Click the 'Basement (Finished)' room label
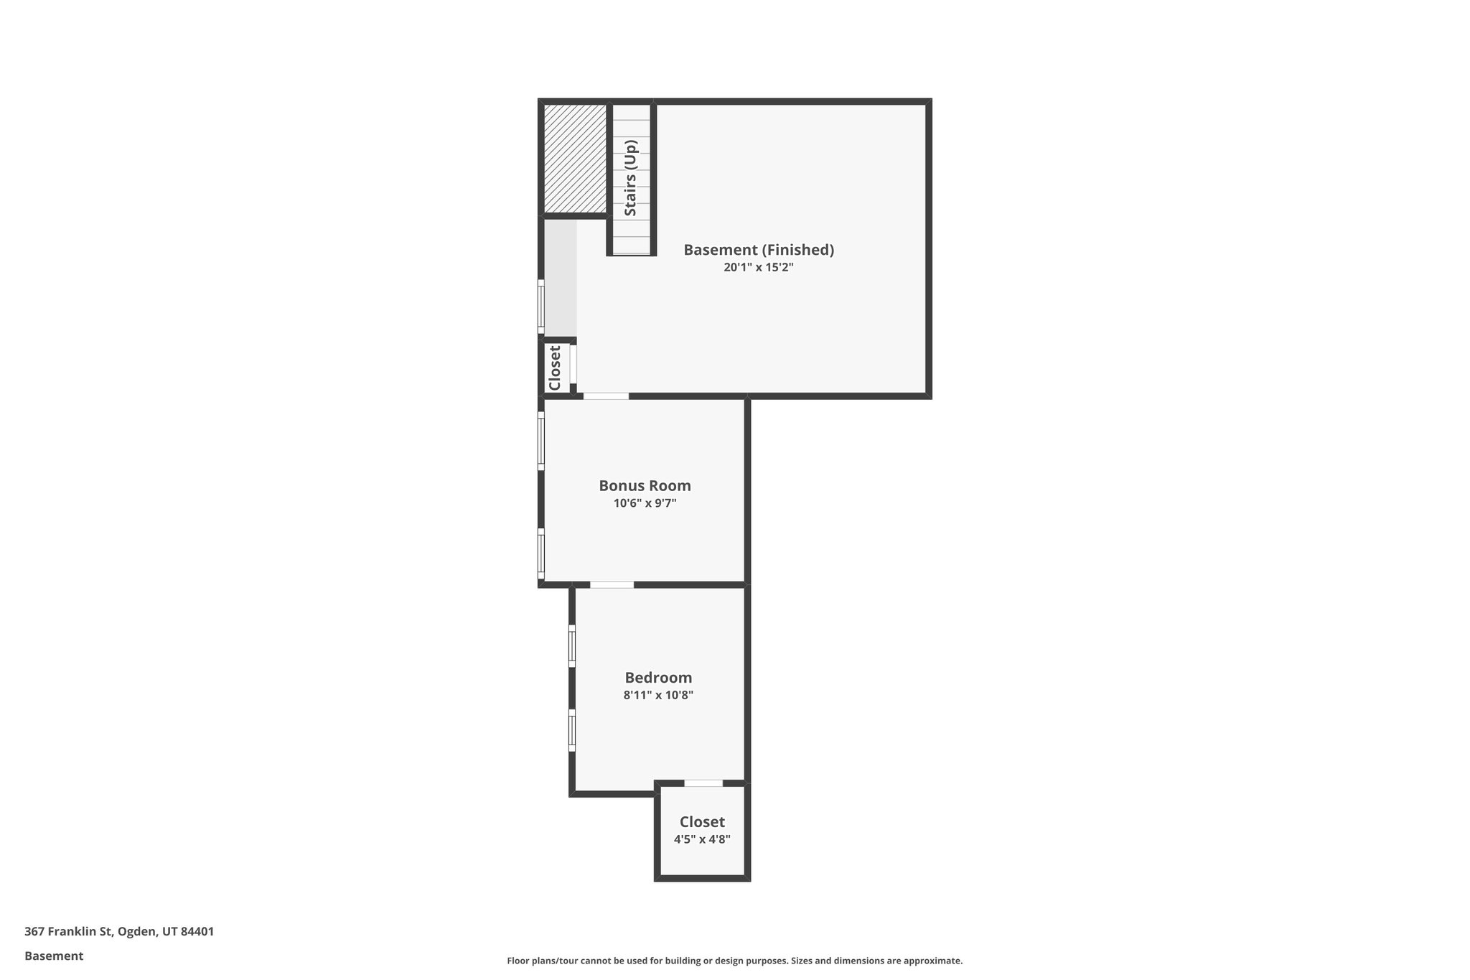(758, 250)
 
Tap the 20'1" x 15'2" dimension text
(758, 268)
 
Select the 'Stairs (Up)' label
(631, 177)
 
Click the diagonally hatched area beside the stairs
(575, 159)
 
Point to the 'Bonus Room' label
(645, 485)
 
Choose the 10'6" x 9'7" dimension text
(645, 503)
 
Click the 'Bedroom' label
(658, 678)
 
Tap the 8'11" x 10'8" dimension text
(658, 695)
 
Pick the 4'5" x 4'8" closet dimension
(702, 839)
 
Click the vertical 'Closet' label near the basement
(555, 368)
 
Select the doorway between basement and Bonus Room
(606, 396)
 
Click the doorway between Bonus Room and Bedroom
(612, 585)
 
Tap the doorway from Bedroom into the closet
(703, 783)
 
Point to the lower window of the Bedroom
(572, 730)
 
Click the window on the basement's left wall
(541, 307)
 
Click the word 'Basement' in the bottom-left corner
(54, 956)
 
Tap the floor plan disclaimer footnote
(734, 961)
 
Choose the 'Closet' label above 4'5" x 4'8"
(702, 822)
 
